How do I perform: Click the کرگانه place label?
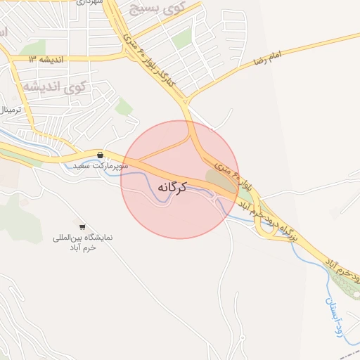click(173, 188)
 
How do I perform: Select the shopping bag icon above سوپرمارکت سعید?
click(101, 155)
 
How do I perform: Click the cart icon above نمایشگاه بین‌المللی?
click(82, 226)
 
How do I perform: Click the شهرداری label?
click(89, 3)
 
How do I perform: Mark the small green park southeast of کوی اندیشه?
click(124, 106)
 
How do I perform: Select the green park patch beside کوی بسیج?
click(182, 39)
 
